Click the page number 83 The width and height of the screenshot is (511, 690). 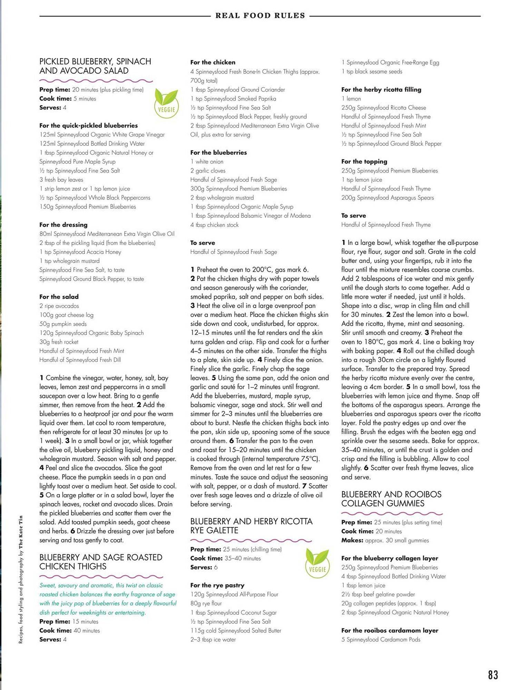(493, 674)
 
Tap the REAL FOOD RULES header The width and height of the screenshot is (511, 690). (260, 16)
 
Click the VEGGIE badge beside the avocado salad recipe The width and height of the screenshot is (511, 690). (166, 103)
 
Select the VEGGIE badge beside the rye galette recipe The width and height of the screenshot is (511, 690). (317, 563)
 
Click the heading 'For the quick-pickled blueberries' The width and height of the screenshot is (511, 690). (88, 126)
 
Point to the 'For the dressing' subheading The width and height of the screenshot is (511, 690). (63, 225)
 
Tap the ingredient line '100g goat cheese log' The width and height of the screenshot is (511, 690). (66, 315)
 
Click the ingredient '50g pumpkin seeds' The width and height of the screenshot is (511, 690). (63, 324)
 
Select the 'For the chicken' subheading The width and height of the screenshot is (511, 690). (213, 62)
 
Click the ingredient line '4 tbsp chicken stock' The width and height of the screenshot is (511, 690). (214, 225)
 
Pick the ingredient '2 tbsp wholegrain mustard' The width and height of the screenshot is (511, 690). (222, 198)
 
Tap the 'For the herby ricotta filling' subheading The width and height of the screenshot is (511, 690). (381, 90)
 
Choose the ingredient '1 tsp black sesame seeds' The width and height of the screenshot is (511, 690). (372, 71)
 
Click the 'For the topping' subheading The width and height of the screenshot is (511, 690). (364, 161)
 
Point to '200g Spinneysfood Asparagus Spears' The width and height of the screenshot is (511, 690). (387, 198)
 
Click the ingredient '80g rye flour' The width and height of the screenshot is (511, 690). (206, 603)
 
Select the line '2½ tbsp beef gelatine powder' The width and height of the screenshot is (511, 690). (378, 594)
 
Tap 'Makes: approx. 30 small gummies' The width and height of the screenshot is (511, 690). (385, 540)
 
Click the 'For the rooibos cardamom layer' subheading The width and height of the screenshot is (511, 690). (390, 630)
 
